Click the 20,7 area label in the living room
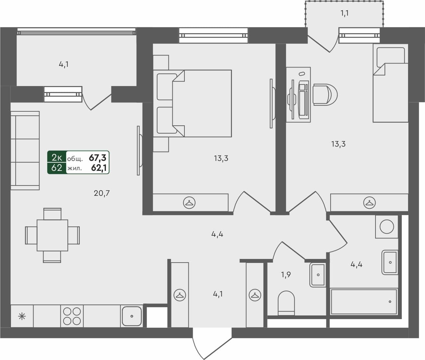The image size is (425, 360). (102, 193)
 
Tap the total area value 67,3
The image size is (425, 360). (99, 157)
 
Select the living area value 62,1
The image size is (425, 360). (99, 168)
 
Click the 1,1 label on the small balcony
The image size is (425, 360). (345, 14)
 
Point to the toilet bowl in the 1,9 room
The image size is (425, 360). (286, 303)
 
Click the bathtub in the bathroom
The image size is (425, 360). (364, 301)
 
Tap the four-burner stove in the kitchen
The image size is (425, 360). (72, 316)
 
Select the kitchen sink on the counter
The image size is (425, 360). (132, 316)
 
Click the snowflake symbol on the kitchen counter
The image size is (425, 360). (22, 316)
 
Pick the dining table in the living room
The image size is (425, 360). (52, 235)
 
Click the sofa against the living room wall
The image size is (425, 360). (25, 151)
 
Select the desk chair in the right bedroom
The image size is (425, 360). (325, 95)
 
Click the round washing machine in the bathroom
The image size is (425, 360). (386, 227)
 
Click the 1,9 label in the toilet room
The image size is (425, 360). (286, 275)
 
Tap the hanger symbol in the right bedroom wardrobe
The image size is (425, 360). (369, 202)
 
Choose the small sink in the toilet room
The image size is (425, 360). (318, 275)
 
